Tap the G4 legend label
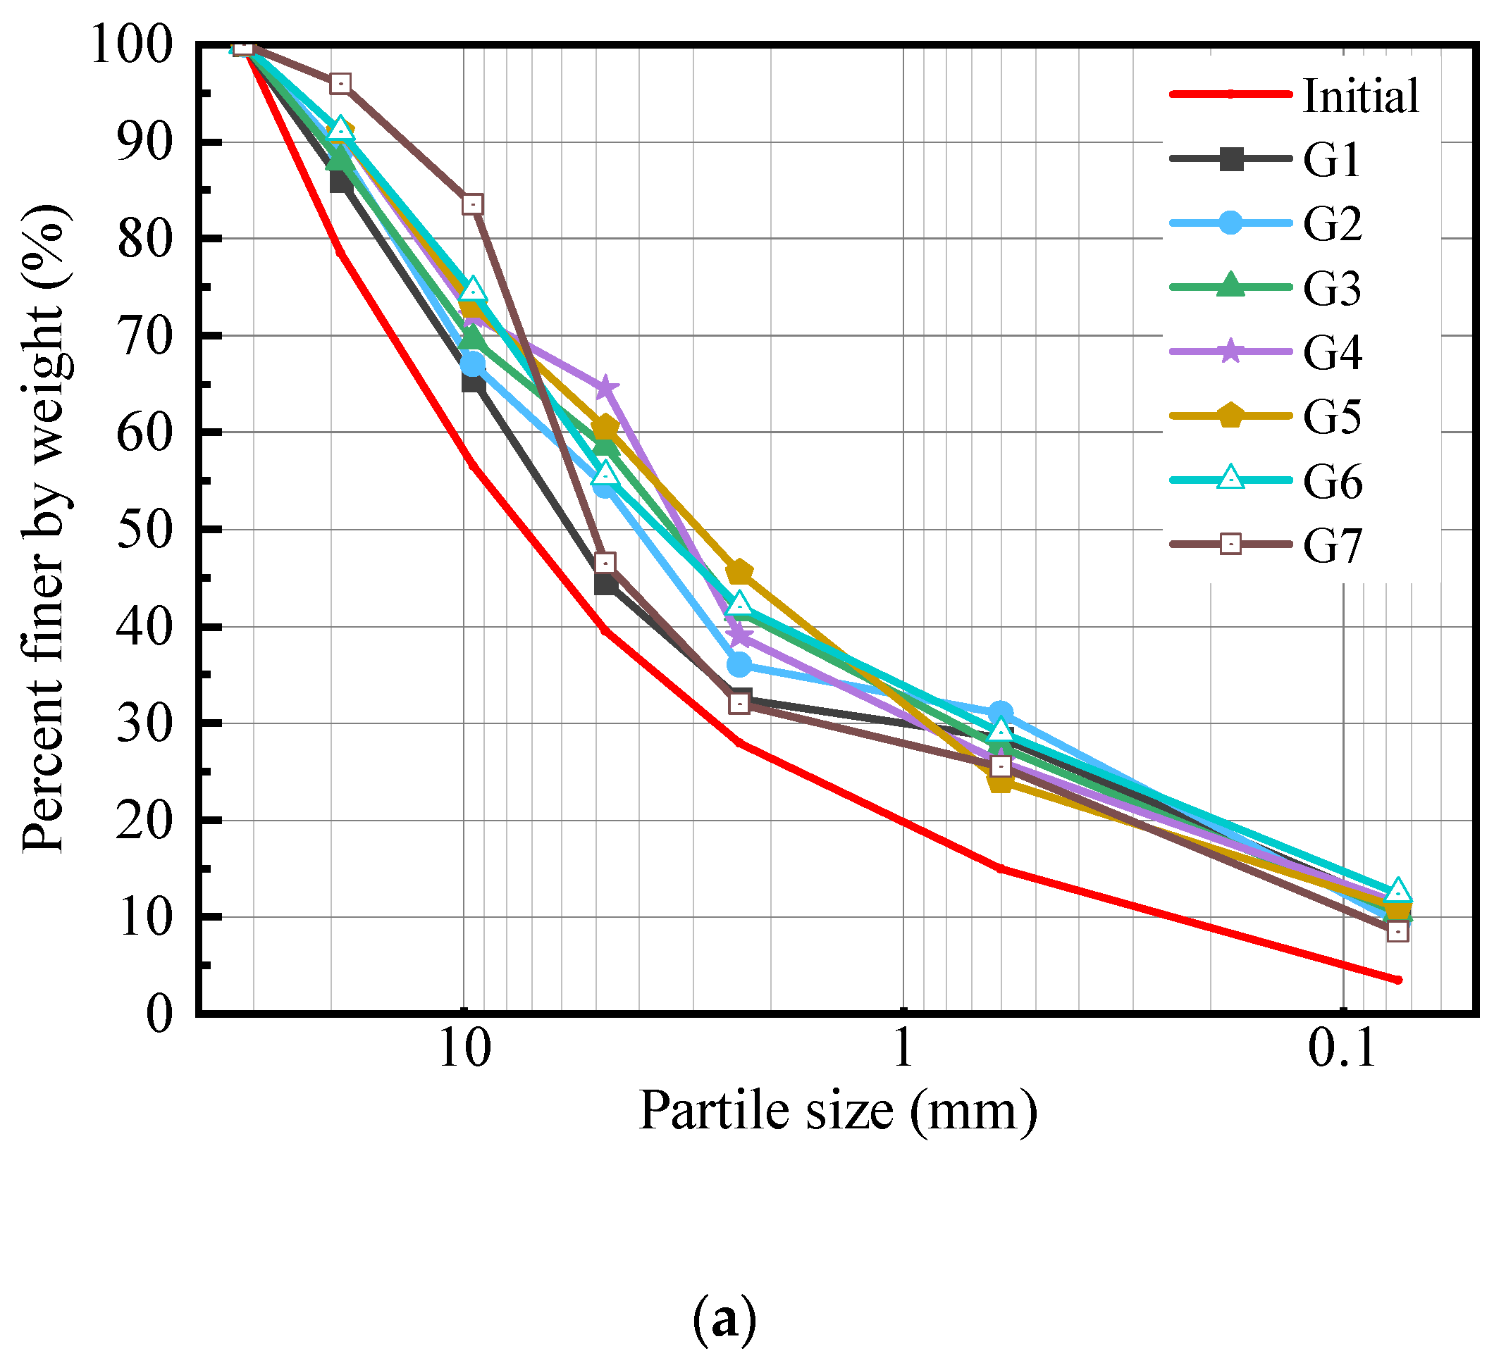[x=1333, y=351]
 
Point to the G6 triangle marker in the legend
[x=1230, y=478]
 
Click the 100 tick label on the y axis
[x=132, y=45]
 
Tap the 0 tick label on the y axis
[x=159, y=1014]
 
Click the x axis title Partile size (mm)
[x=838, y=1111]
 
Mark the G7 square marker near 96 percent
[x=340, y=84]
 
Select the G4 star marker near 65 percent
[x=605, y=387]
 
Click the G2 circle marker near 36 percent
[x=739, y=664]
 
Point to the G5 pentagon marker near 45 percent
[x=739, y=573]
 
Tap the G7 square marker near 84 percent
[x=472, y=204]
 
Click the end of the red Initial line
[x=1397, y=980]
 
